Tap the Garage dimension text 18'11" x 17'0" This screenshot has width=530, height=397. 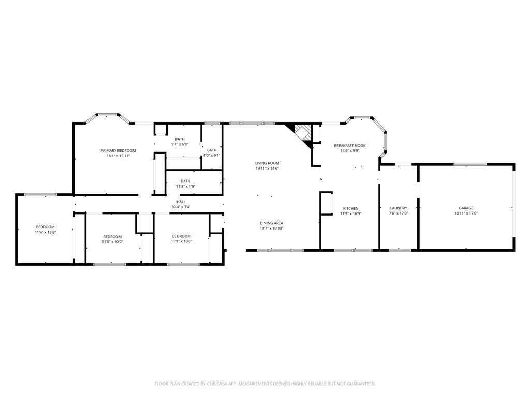[x=466, y=213]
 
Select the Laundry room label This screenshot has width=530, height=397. [x=398, y=208]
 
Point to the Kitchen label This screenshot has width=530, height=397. [x=350, y=208]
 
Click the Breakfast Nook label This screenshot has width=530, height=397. [x=349, y=146]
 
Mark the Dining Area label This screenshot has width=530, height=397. [x=271, y=223]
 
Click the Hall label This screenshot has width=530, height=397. [x=181, y=202]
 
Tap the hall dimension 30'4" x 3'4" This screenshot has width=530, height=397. [x=181, y=207]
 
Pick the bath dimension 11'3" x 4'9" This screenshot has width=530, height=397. [x=185, y=186]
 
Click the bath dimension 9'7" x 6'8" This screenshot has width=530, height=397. [x=180, y=144]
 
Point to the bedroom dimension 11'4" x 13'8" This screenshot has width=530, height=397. [x=45, y=232]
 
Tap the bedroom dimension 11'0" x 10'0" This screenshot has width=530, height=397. [x=112, y=241]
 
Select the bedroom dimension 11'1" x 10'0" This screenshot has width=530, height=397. [x=182, y=241]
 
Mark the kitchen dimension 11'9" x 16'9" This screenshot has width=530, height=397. [x=350, y=213]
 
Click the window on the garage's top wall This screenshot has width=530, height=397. [x=470, y=164]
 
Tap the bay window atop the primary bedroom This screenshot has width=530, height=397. [x=107, y=115]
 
